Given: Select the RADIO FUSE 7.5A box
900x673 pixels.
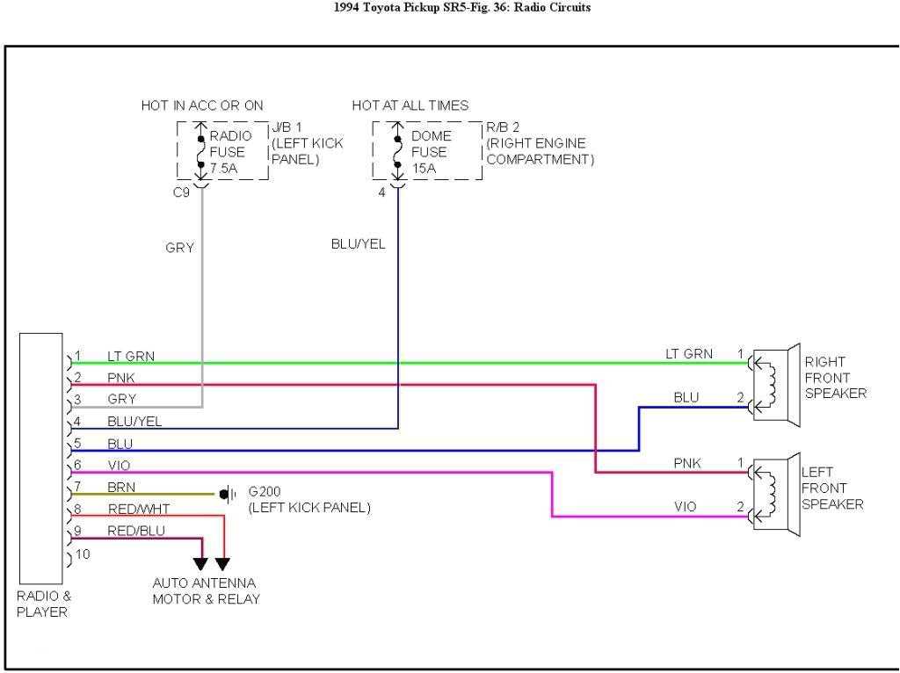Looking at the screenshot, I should click(x=222, y=151).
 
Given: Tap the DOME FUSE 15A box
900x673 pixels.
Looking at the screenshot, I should click(x=427, y=151).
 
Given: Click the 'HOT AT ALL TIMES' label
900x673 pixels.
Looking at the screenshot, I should click(x=410, y=105).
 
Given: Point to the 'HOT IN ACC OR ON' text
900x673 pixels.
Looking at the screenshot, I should click(x=202, y=105).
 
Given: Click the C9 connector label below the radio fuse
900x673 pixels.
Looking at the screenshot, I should click(x=181, y=193).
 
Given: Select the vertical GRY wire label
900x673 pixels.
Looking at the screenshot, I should click(x=179, y=248).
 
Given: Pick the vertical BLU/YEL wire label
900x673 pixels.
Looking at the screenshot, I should click(x=358, y=244).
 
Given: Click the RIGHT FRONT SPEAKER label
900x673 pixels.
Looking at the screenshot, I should click(x=835, y=377).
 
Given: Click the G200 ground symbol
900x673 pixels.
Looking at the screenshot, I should click(x=227, y=494).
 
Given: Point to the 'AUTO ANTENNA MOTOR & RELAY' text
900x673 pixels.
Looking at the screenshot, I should click(x=205, y=590).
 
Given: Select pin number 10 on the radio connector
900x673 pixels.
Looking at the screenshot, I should click(x=83, y=554).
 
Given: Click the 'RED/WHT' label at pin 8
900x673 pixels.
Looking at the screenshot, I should click(x=139, y=509).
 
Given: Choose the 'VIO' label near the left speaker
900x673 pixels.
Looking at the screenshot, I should click(x=686, y=507).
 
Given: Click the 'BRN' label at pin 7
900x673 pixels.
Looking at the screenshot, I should click(x=121, y=487).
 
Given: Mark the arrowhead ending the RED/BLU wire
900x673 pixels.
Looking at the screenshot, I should click(x=202, y=564).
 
